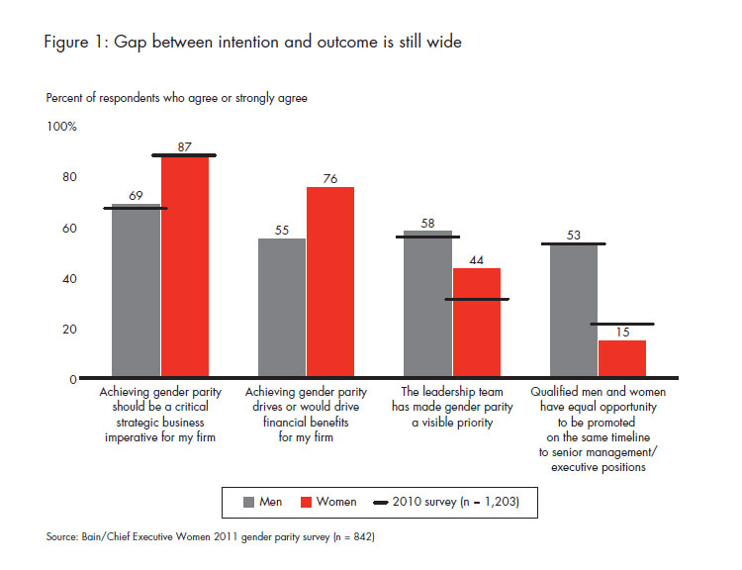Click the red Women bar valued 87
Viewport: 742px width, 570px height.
click(x=185, y=267)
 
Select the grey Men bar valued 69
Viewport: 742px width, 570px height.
click(x=137, y=292)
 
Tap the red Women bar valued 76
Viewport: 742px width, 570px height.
click(x=329, y=283)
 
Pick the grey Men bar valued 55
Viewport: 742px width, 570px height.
click(x=282, y=309)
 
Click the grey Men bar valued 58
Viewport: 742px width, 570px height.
click(x=427, y=305)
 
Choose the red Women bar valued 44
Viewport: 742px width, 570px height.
click(x=476, y=324)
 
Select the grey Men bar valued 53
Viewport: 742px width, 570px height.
click(x=573, y=312)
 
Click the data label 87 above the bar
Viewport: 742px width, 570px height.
click(x=185, y=145)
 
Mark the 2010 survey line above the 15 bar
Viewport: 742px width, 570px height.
click(x=621, y=324)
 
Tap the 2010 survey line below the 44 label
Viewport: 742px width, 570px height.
click(x=476, y=299)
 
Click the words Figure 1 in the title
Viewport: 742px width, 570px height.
click(x=75, y=42)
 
